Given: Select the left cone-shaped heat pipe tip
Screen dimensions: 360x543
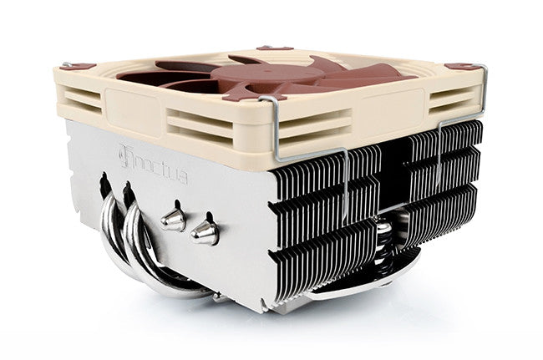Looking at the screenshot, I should [172, 218].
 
